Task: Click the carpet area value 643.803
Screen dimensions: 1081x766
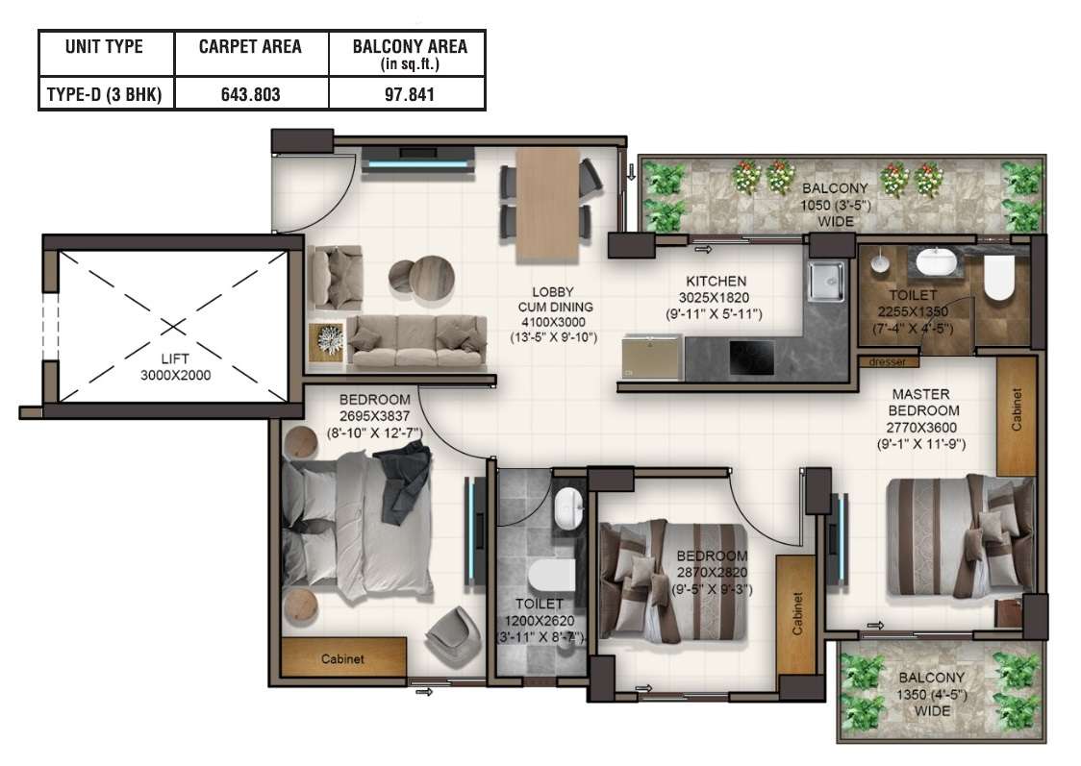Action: coord(250,94)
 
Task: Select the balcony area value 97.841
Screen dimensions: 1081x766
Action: coord(410,94)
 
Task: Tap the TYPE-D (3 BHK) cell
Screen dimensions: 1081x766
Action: coord(104,94)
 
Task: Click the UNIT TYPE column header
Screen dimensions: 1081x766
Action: coord(104,47)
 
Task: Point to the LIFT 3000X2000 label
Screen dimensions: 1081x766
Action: coord(175,367)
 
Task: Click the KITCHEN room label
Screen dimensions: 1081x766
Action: coord(716,281)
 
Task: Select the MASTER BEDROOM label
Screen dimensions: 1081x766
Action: coord(921,403)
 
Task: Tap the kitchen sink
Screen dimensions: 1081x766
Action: coord(826,281)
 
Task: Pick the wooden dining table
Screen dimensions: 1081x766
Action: coord(547,206)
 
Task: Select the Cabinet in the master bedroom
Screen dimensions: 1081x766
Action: coord(1017,415)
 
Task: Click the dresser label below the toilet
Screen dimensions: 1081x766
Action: coord(888,361)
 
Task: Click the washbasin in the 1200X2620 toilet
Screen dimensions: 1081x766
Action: coord(568,509)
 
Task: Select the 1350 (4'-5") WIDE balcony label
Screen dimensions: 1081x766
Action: coord(931,694)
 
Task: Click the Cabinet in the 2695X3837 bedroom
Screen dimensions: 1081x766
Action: coord(343,657)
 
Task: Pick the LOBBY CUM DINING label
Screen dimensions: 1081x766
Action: coord(554,315)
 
